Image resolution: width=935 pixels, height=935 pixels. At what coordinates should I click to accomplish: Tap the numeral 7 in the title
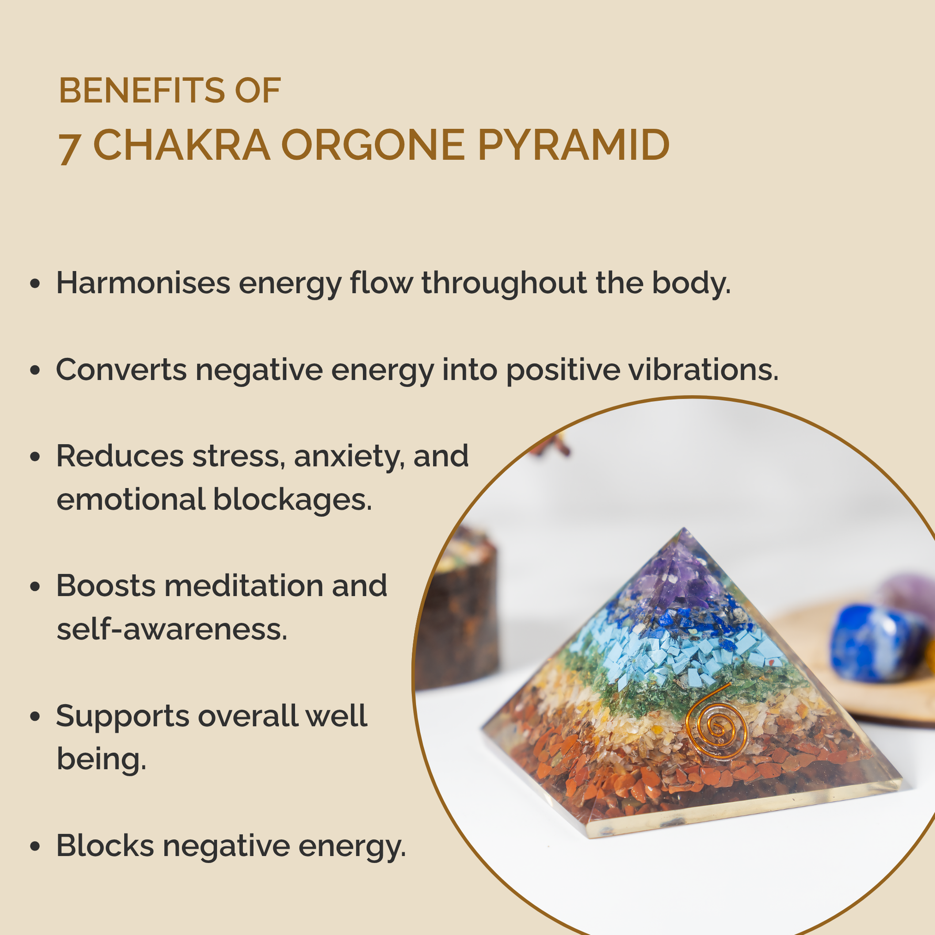[69, 148]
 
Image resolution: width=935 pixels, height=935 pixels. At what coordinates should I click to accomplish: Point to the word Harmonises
[143, 283]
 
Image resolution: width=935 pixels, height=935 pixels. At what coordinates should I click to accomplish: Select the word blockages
[292, 500]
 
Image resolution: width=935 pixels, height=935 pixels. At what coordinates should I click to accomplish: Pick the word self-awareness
[172, 629]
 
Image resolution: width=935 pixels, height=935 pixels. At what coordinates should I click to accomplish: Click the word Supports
[122, 717]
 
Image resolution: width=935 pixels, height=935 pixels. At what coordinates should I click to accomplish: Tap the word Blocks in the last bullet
[105, 845]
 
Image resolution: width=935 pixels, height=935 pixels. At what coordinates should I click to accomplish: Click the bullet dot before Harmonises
[35, 284]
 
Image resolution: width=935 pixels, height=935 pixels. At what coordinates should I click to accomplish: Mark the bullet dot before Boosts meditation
[35, 587]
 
